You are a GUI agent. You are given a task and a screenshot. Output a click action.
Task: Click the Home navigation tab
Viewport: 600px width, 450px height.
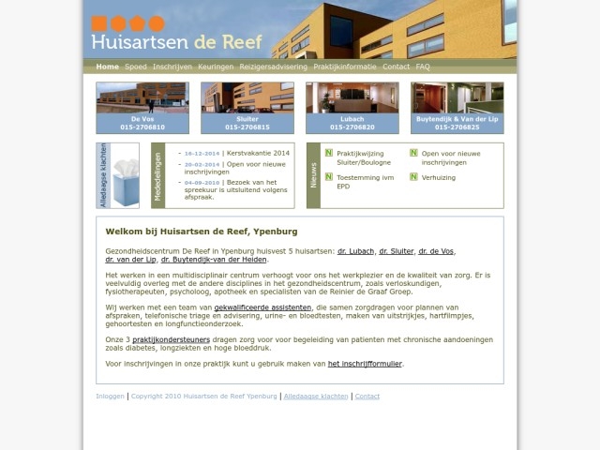[x=107, y=67]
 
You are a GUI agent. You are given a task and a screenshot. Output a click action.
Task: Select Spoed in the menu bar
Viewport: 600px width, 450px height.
[x=136, y=67]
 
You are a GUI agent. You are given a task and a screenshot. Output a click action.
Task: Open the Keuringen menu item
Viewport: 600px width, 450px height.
[x=216, y=67]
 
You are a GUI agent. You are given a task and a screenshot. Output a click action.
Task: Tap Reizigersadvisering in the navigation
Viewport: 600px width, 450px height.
[x=273, y=67]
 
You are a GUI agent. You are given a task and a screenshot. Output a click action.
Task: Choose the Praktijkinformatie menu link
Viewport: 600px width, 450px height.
[x=345, y=67]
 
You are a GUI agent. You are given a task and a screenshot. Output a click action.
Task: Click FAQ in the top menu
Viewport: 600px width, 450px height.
[x=423, y=67]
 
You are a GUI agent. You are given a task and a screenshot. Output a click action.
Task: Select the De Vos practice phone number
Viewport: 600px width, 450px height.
[x=142, y=127]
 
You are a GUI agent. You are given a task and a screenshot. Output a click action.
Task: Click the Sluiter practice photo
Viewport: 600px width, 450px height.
[x=247, y=97]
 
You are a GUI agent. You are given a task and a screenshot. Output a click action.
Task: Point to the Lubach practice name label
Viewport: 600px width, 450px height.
[x=352, y=119]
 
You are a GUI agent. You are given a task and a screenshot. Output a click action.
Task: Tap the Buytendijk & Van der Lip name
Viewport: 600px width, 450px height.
[x=457, y=119]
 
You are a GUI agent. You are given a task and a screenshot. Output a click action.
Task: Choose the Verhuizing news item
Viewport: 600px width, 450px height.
[x=439, y=176]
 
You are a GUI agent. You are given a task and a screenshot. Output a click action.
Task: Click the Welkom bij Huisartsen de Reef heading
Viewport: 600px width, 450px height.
[x=202, y=231]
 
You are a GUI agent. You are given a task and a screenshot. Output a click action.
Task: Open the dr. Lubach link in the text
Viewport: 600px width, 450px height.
[x=355, y=251]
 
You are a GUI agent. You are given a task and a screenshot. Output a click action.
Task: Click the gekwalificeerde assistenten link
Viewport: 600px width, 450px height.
[x=262, y=307]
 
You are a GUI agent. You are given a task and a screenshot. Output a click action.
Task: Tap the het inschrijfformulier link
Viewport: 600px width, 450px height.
[x=365, y=364]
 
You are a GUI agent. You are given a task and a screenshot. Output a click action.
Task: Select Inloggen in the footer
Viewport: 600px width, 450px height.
[x=110, y=397]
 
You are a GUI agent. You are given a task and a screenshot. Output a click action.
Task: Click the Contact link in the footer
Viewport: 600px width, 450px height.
[x=367, y=397]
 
